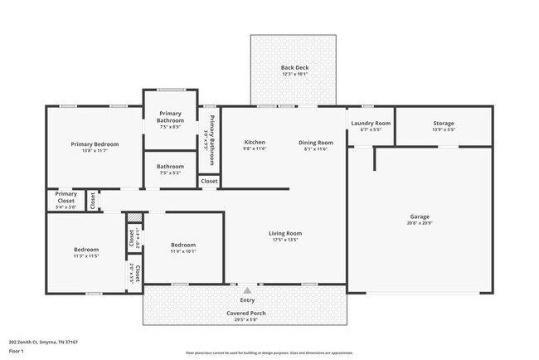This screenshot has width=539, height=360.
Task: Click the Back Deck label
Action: pyautogui.click(x=294, y=68)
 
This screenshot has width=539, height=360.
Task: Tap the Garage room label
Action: pyautogui.click(x=419, y=216)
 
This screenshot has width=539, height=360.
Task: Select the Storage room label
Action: pyautogui.click(x=444, y=124)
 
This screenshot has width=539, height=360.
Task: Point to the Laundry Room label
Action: pyautogui.click(x=371, y=123)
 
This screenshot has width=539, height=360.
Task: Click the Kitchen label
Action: pyautogui.click(x=254, y=142)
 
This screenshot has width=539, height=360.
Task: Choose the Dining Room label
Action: pyautogui.click(x=316, y=142)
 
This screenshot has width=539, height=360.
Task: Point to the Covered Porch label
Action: pyautogui.click(x=246, y=314)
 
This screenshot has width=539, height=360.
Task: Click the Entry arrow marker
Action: pyautogui.click(x=246, y=291)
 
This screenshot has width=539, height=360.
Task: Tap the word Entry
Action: pyautogui.click(x=246, y=299)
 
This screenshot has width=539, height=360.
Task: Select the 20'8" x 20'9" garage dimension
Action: pyautogui.click(x=419, y=224)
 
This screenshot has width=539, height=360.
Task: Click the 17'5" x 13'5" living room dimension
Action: pyautogui.click(x=284, y=241)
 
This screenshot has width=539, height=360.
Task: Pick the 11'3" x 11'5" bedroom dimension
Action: pyautogui.click(x=86, y=256)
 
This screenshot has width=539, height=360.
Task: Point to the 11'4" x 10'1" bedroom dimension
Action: pyautogui.click(x=183, y=251)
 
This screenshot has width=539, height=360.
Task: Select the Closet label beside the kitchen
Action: pyautogui.click(x=209, y=180)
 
